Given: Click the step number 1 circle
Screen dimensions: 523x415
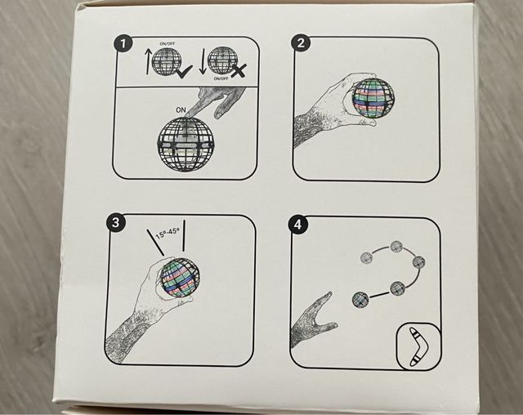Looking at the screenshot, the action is [123, 43].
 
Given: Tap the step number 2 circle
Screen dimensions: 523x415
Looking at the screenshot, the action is [301, 43].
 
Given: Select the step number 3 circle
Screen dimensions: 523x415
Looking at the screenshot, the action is [116, 223].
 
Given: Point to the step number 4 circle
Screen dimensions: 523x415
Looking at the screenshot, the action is [297, 225].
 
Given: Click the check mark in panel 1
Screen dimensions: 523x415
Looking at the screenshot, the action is [184, 71].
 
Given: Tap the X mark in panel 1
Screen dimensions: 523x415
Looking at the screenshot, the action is [239, 71].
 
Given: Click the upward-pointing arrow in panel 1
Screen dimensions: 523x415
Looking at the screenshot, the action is [148, 61].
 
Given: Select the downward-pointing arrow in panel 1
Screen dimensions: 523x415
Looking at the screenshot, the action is [203, 61].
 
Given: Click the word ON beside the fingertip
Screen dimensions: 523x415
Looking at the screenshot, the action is [181, 110].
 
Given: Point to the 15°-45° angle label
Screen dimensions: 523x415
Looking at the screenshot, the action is [168, 233].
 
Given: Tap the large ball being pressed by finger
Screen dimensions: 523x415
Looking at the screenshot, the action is [186, 144].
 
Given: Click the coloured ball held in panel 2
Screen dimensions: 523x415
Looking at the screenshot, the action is [373, 97].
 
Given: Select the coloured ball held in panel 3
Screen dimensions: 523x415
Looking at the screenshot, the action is [180, 277].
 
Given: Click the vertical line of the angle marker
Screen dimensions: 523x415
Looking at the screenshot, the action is [183, 235].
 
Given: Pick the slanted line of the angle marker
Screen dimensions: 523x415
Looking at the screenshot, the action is [155, 242].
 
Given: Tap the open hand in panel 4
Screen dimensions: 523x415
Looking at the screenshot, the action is [312, 320].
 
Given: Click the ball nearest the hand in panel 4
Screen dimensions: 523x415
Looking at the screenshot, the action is [360, 300].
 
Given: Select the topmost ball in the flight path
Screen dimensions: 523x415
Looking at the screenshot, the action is [396, 247].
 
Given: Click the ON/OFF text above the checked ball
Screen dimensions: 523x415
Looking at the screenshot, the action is [167, 43].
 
